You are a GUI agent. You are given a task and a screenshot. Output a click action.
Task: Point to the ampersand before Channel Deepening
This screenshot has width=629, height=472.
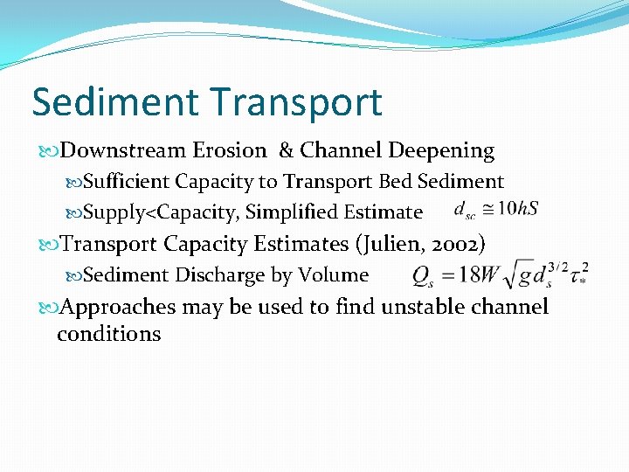pyautogui.click(x=286, y=150)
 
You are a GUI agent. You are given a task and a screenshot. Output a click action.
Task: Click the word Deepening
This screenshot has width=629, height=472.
pyautogui.click(x=441, y=150)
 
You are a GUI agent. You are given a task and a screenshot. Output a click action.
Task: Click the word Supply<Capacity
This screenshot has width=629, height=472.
pyautogui.click(x=161, y=212)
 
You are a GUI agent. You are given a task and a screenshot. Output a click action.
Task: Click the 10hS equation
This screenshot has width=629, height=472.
pyautogui.click(x=496, y=210)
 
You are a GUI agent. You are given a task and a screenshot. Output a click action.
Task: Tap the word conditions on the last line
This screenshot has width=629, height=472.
pyautogui.click(x=109, y=333)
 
